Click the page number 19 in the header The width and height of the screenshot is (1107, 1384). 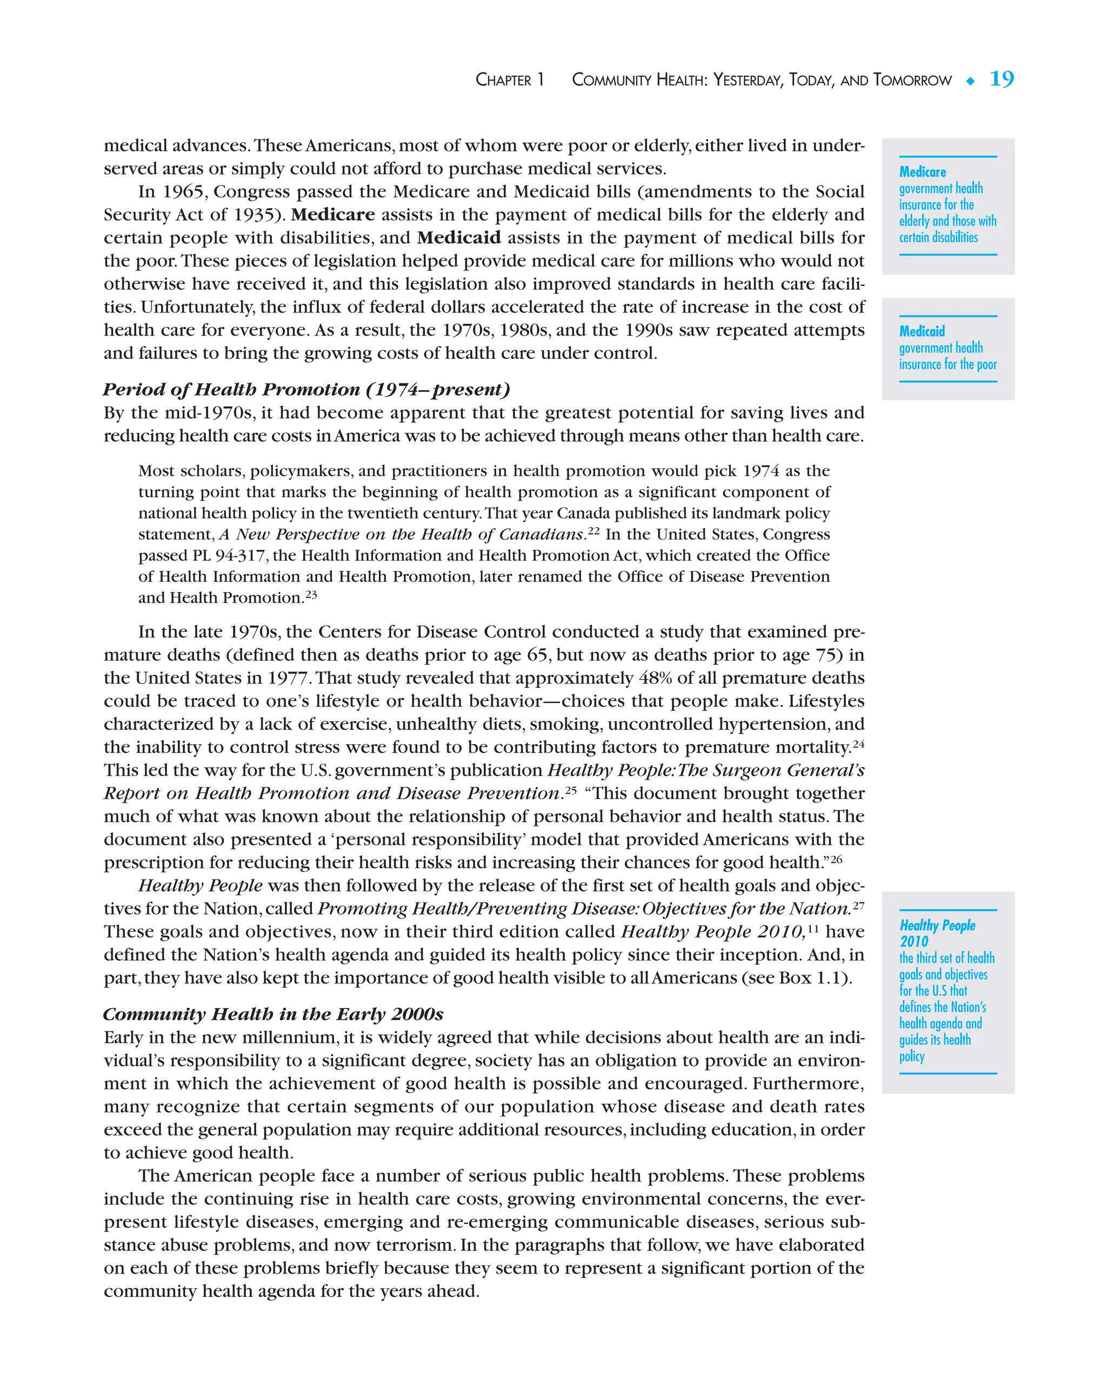pyautogui.click(x=1001, y=79)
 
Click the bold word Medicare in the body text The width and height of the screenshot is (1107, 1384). pyautogui.click(x=332, y=215)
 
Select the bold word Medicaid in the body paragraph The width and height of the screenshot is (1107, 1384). pyautogui.click(x=459, y=237)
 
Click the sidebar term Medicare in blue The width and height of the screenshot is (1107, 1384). pyautogui.click(x=922, y=172)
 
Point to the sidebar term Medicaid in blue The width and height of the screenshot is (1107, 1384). pyautogui.click(x=922, y=331)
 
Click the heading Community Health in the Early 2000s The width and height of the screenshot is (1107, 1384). pyautogui.click(x=273, y=1014)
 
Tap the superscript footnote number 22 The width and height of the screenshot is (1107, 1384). pyautogui.click(x=593, y=531)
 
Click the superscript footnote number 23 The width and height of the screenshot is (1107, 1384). pyautogui.click(x=311, y=595)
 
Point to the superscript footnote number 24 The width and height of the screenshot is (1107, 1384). pyautogui.click(x=858, y=744)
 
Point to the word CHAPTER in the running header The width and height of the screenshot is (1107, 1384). pyautogui.click(x=504, y=80)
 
